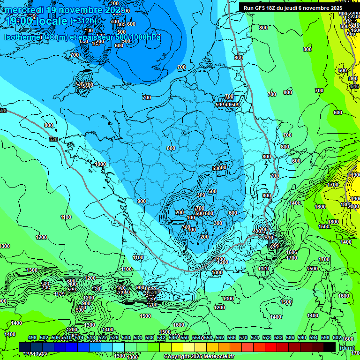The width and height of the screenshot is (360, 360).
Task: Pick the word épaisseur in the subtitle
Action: tap(96, 37)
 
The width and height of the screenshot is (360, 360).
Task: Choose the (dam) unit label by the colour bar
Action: tap(347, 347)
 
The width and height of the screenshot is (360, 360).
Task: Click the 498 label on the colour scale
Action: tap(32, 337)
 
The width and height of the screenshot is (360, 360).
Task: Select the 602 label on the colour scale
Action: tap(337, 337)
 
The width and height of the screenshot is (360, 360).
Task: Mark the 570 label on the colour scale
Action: tap(243, 337)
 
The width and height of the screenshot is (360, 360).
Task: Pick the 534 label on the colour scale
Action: tap(138, 337)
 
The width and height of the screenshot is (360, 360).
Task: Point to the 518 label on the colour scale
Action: tap(91, 337)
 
